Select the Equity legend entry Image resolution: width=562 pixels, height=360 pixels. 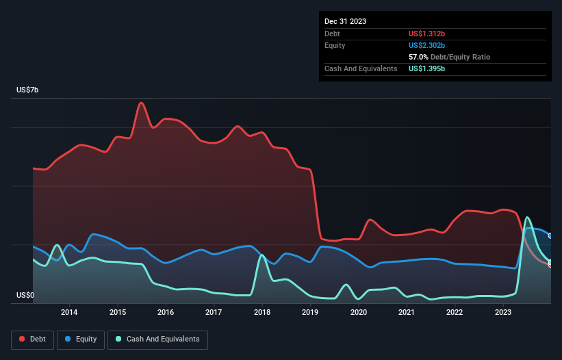[x=81, y=339]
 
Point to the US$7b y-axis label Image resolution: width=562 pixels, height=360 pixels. [x=30, y=90]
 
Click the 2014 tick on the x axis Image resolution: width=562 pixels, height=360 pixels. [x=68, y=313]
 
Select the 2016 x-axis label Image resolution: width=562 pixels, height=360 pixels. [x=165, y=313]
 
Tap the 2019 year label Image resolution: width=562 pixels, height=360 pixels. [x=310, y=313]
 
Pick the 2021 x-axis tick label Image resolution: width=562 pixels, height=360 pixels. [x=407, y=313]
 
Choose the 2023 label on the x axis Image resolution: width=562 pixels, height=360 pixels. [x=503, y=313]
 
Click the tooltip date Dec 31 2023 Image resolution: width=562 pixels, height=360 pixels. [x=345, y=21]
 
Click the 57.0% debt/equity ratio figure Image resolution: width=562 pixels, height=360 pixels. [x=419, y=57]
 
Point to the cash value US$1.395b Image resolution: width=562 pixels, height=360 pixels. [x=430, y=68]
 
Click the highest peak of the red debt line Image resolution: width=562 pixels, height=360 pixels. [x=141, y=103]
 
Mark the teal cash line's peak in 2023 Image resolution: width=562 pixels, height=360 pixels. [x=527, y=218]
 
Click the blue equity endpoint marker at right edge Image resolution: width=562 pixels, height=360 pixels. [x=550, y=236]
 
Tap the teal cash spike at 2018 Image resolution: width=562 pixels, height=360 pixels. [x=261, y=255]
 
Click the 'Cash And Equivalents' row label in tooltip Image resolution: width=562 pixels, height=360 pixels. [x=361, y=68]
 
